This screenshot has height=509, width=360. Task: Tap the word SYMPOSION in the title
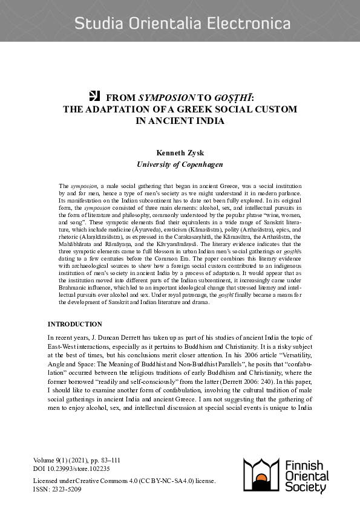coord(162,97)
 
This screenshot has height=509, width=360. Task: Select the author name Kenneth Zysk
coord(180,154)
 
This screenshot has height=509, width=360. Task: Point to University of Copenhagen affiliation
coord(180,164)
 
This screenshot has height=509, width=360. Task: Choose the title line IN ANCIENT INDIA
coord(180,120)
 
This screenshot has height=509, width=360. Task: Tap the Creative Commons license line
coord(123,481)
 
